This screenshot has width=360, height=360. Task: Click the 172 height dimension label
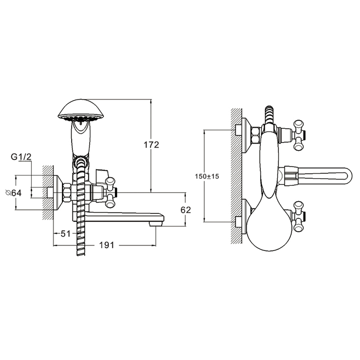[152, 144]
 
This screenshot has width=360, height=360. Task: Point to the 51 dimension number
[66, 233]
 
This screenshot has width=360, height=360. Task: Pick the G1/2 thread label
[21, 157]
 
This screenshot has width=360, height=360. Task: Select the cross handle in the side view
[110, 191]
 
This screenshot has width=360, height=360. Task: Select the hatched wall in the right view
[235, 175]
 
